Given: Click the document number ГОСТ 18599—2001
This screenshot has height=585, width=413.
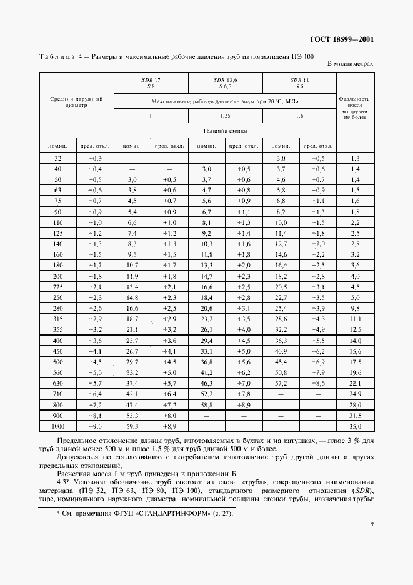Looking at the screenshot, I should [x=343, y=40].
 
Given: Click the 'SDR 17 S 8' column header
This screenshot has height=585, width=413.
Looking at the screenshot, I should [x=151, y=83].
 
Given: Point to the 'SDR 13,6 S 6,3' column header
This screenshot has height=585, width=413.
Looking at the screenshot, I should [x=225, y=83].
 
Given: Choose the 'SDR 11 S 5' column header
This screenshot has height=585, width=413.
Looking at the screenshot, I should [x=299, y=83].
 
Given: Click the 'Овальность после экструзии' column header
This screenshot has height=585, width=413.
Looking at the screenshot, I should [x=355, y=107].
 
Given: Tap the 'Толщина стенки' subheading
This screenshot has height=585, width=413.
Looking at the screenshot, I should [x=225, y=131].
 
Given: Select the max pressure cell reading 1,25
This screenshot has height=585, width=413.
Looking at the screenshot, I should [x=225, y=116].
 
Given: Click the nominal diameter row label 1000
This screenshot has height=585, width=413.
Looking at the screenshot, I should [x=58, y=426].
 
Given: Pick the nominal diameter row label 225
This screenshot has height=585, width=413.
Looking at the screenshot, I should [x=58, y=287].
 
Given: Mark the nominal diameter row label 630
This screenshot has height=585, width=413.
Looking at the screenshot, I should [x=58, y=382].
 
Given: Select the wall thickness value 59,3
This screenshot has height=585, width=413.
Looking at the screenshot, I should [x=132, y=426].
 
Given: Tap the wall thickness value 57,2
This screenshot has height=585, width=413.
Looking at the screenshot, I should [x=281, y=382].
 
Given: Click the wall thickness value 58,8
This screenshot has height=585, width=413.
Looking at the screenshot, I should [x=206, y=404].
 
